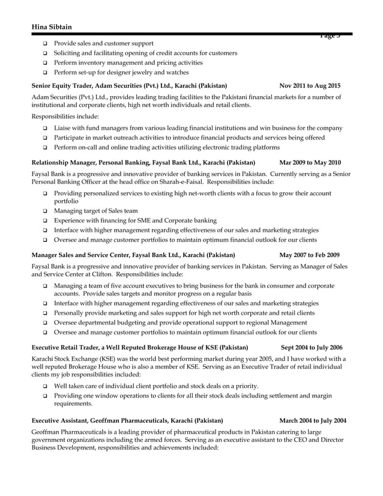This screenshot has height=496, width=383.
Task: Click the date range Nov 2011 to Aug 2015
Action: click(310, 86)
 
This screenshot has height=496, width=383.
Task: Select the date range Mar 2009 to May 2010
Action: click(310, 162)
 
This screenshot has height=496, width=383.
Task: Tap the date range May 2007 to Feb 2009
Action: click(310, 255)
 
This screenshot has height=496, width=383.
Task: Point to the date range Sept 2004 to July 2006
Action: click(312, 347)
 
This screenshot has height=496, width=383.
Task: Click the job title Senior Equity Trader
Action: click(62, 86)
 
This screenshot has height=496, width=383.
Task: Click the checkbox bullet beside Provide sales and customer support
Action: click(45, 44)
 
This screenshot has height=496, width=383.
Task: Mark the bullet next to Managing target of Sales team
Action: click(45, 211)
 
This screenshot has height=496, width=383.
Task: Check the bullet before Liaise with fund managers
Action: click(45, 128)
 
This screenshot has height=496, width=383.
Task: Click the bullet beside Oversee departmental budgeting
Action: click(45, 322)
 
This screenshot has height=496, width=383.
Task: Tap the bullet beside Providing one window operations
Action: click(45, 396)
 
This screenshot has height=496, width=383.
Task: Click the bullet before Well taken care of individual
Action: click(45, 386)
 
